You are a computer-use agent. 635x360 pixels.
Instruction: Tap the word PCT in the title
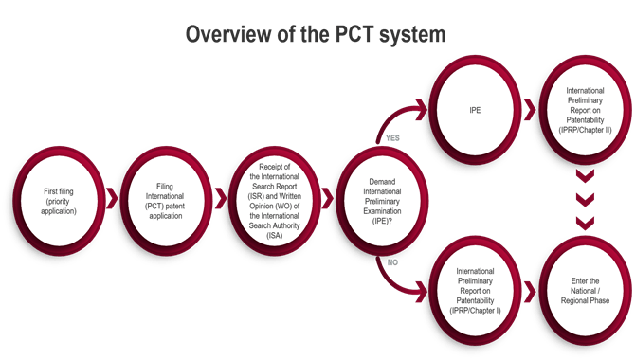[360, 35]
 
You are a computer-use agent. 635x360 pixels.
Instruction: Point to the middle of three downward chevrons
[583, 198]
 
